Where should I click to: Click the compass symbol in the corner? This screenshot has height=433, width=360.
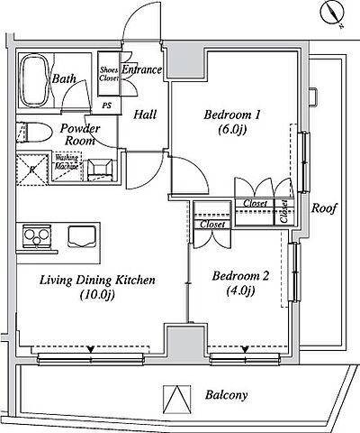point(332,13)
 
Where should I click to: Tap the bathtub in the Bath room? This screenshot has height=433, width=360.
point(34,80)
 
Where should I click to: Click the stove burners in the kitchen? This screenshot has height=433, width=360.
point(36,236)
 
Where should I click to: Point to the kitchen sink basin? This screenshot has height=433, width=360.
point(82,236)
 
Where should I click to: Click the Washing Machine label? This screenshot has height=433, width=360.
point(67,161)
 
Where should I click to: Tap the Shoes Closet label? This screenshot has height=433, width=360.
point(109,74)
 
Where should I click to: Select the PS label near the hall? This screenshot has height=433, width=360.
point(107,106)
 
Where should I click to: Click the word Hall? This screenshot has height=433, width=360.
point(145,115)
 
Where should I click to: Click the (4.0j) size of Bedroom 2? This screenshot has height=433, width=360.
point(240,290)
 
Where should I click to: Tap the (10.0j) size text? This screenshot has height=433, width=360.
point(98,295)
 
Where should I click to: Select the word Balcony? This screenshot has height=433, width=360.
point(227,395)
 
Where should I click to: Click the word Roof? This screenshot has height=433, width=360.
point(324,208)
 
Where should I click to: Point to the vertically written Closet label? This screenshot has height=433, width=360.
point(284,211)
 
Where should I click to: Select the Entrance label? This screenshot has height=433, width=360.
point(141,69)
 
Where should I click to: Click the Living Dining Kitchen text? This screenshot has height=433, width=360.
point(98,281)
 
